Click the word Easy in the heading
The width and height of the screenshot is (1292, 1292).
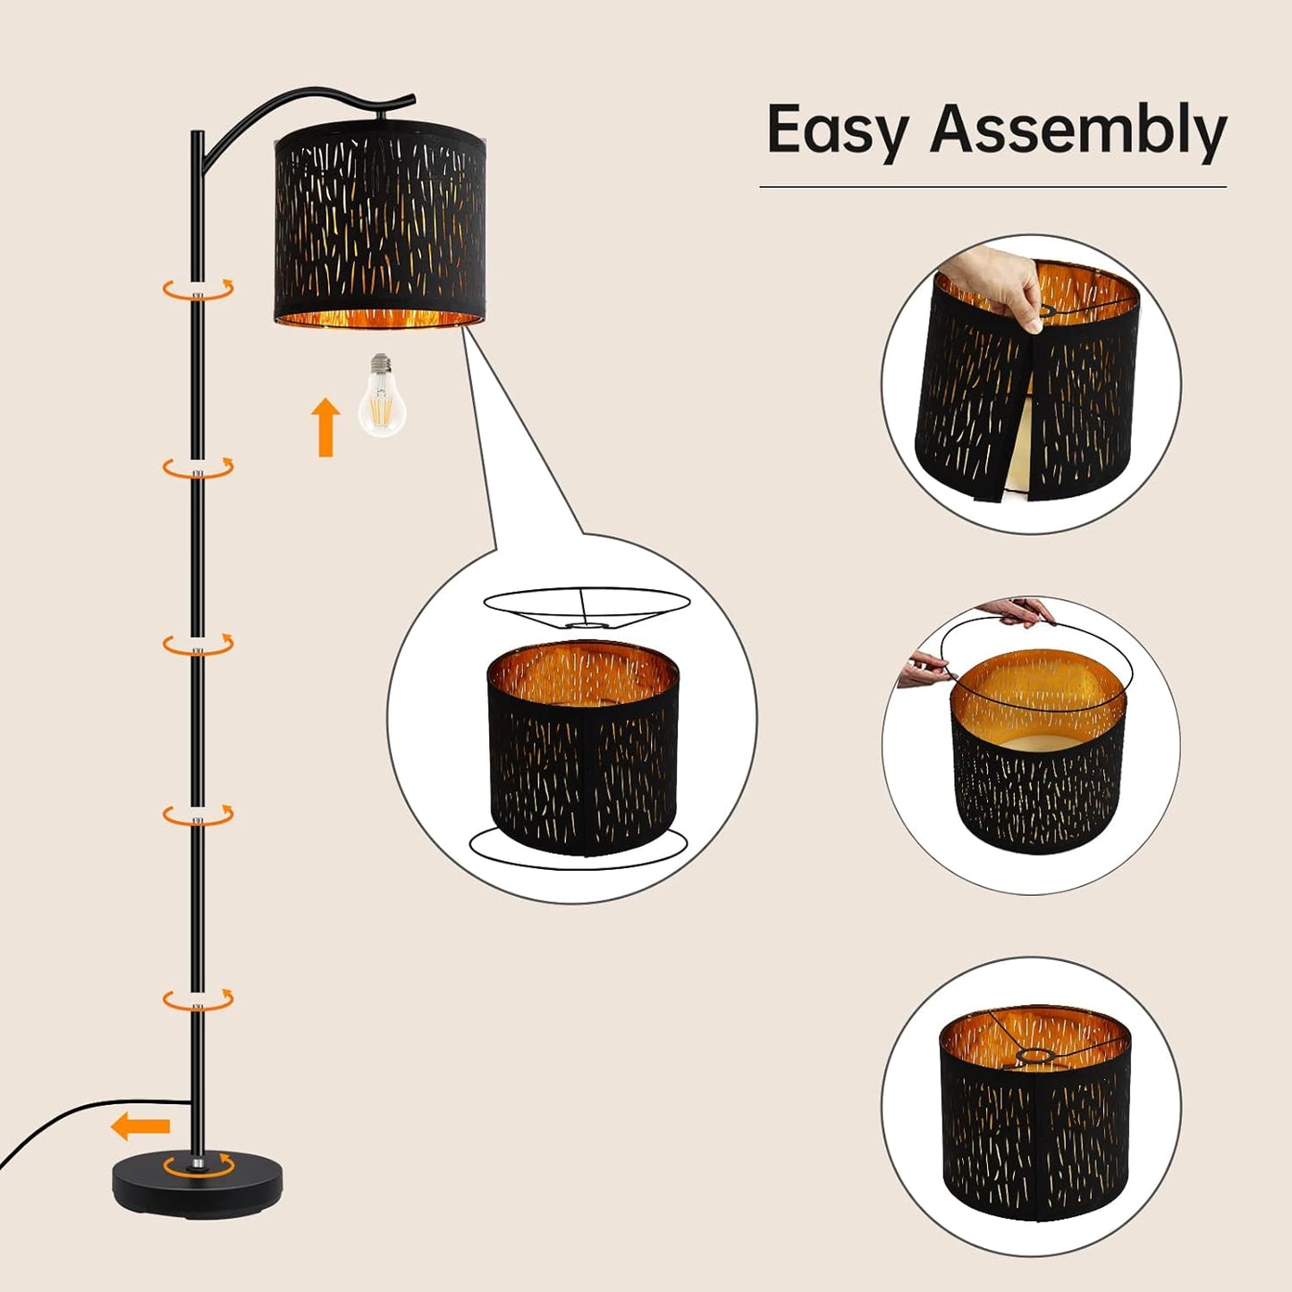click(x=836, y=131)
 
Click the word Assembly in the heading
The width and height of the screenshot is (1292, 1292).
click(x=1077, y=131)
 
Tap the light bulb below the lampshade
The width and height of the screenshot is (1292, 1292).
click(x=382, y=403)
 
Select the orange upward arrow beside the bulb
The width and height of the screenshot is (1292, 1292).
click(x=325, y=427)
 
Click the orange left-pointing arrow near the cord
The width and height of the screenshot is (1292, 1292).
click(x=140, y=1127)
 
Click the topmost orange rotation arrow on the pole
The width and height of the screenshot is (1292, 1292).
click(x=198, y=289)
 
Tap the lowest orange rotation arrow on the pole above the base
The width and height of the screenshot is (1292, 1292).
click(x=198, y=999)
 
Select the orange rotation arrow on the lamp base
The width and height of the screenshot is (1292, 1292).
click(x=198, y=1165)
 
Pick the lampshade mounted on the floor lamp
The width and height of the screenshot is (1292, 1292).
click(x=379, y=224)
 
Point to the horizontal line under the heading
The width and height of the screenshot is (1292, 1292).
click(x=992, y=187)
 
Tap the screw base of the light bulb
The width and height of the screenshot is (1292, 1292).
click(x=382, y=364)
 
